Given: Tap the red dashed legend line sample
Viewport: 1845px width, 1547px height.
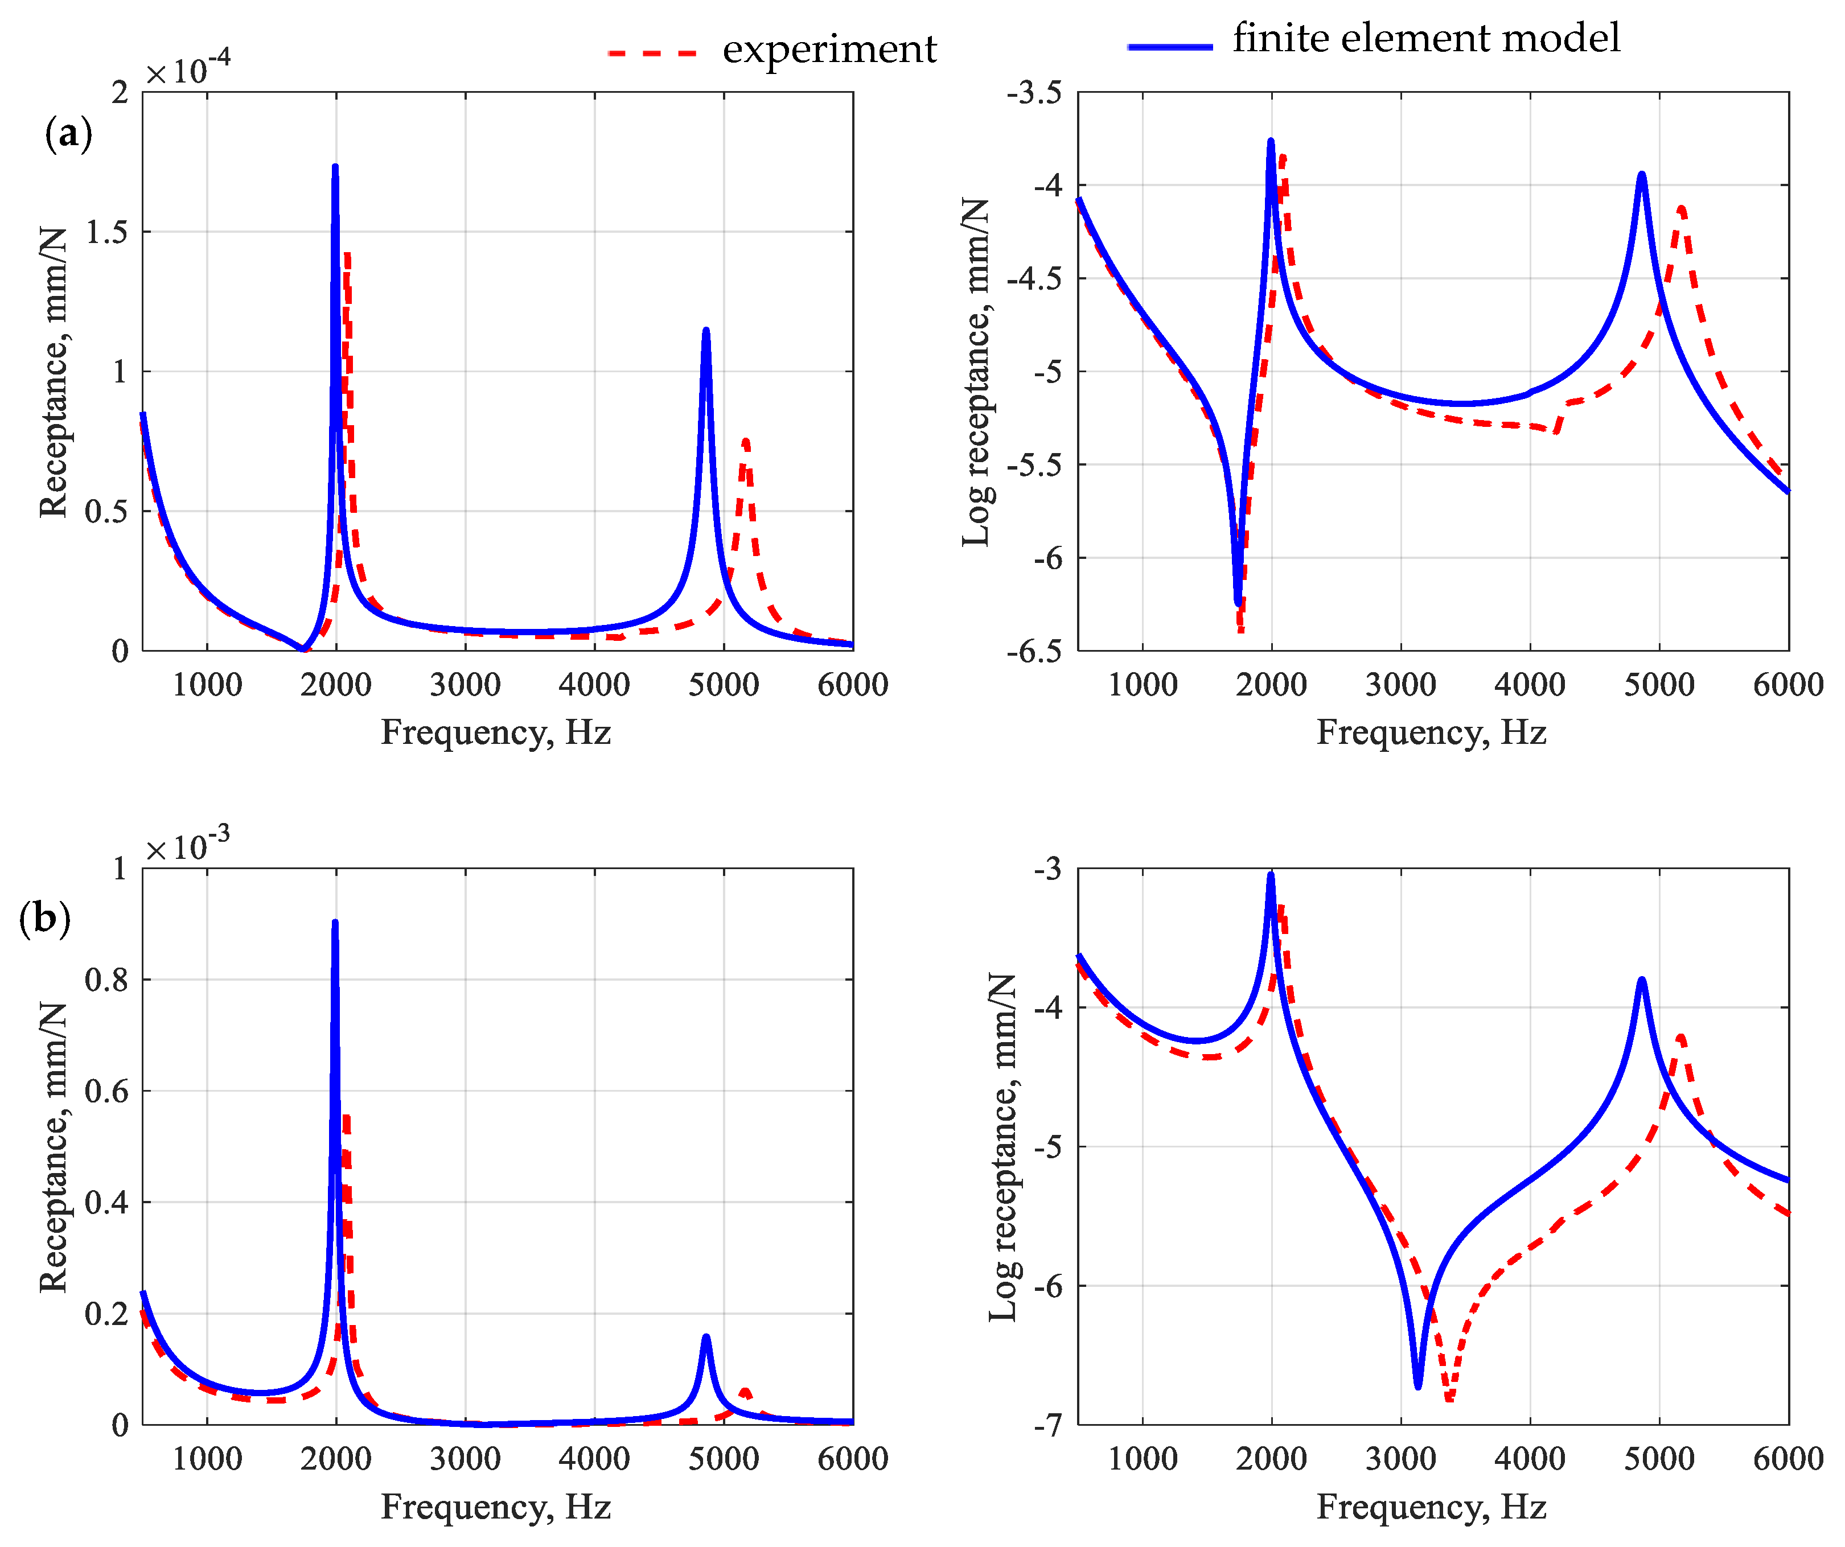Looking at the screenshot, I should (652, 53).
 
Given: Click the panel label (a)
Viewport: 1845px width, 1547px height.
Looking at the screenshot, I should (68, 134).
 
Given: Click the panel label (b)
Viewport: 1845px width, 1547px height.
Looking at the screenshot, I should (44, 919).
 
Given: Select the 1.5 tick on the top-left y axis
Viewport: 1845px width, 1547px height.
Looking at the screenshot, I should (105, 232).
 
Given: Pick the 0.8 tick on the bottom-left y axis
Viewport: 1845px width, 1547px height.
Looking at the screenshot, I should (105, 980).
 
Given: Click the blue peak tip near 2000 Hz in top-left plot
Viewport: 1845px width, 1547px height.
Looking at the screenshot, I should (335, 167).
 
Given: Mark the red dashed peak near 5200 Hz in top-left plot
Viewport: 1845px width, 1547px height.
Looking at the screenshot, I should (745, 441).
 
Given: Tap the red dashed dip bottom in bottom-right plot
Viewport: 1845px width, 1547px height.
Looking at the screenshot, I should (1449, 1398).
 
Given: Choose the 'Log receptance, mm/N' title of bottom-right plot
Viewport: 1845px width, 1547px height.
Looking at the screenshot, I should (1002, 1146).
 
